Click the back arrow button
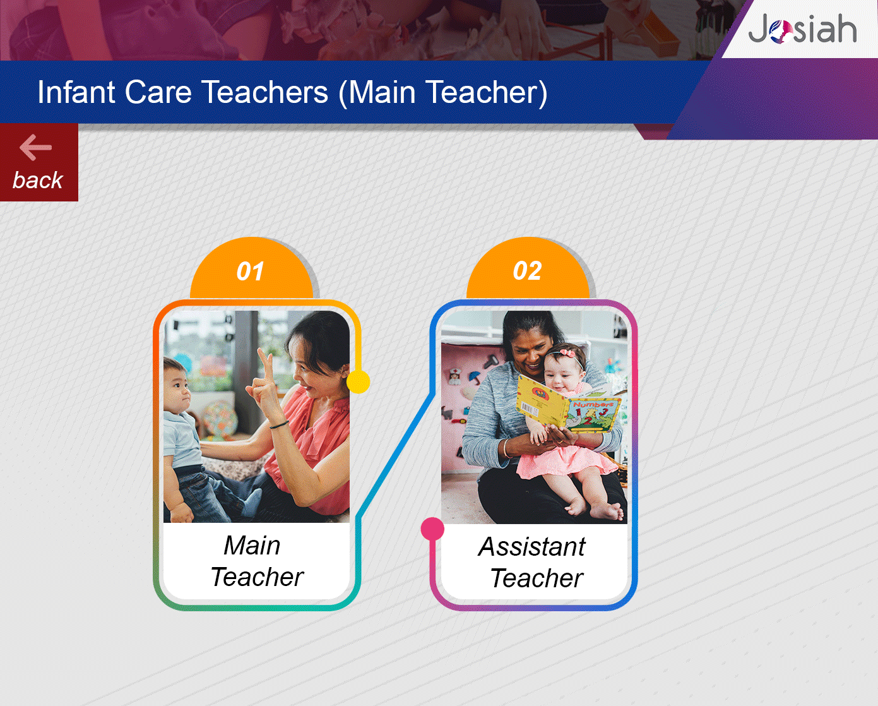(x=39, y=162)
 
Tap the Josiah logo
(x=802, y=28)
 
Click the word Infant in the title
(x=76, y=92)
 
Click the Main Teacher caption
(x=257, y=561)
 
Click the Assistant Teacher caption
(x=533, y=562)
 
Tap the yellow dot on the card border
(x=359, y=382)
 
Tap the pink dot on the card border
(x=432, y=529)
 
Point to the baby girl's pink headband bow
(x=566, y=352)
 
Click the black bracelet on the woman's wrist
(x=279, y=426)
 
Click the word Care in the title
(x=158, y=92)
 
